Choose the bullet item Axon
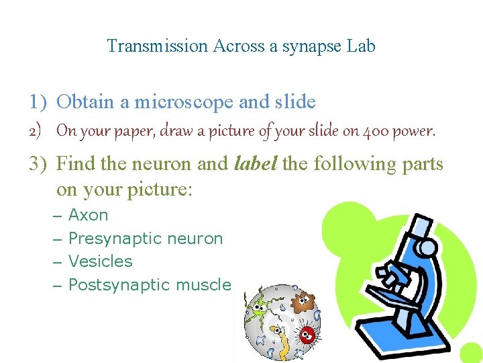(88, 215)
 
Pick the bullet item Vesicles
(101, 261)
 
